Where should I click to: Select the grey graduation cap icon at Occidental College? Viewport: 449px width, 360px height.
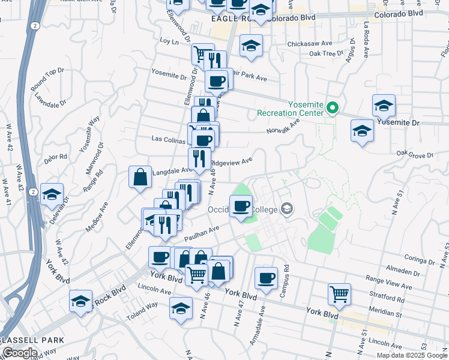point(287,209)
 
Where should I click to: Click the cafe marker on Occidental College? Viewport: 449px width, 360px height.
point(241,206)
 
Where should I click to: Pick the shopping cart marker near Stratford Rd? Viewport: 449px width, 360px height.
point(339,294)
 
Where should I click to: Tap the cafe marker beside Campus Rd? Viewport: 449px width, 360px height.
point(266,278)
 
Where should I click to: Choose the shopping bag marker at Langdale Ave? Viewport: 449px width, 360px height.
point(140,177)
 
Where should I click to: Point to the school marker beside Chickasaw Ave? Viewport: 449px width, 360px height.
point(251,46)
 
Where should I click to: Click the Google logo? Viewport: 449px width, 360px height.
point(20,353)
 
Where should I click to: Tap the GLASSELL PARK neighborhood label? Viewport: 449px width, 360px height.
point(31,340)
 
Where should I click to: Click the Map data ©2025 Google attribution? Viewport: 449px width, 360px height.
point(412,355)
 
